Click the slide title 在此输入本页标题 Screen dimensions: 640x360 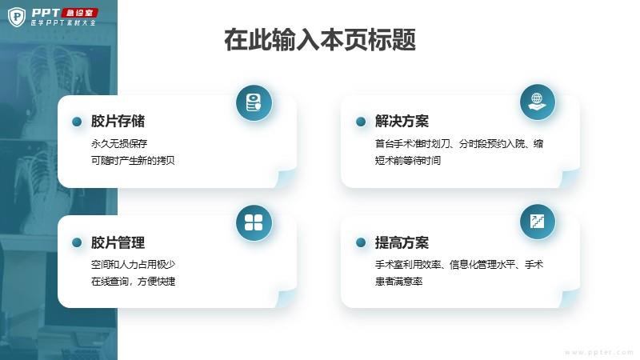[320, 39]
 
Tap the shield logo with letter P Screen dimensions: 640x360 [17, 17]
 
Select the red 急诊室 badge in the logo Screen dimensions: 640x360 [80, 13]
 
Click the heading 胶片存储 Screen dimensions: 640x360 [118, 122]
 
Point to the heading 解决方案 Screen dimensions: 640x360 [402, 122]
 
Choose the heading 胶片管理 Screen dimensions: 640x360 [118, 242]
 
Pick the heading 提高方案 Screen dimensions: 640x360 [402, 242]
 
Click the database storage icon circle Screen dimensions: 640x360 [254, 102]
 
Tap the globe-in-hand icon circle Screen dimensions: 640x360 [538, 102]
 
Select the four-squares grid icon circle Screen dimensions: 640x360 [254, 222]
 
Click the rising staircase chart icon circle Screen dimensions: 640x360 [538, 222]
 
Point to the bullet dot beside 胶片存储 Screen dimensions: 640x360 [77, 122]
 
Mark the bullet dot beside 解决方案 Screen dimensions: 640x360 [361, 122]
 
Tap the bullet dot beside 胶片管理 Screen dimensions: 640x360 [77, 242]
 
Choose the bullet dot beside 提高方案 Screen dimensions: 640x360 [361, 242]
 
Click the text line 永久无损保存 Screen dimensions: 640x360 [119, 144]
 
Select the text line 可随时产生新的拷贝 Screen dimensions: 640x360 [133, 161]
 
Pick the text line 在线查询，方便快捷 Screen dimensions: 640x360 [133, 282]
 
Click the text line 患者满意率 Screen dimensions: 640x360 [398, 282]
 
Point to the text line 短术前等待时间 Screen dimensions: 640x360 [408, 161]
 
